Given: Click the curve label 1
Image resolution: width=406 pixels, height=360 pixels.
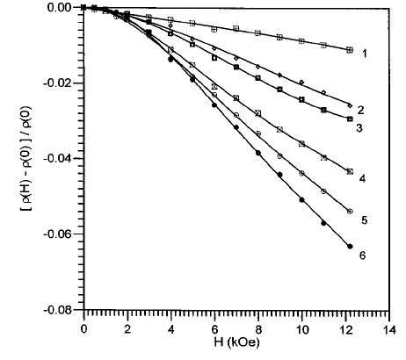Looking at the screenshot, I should tap(364, 54).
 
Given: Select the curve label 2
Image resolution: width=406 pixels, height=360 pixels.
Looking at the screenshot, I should tap(361, 111).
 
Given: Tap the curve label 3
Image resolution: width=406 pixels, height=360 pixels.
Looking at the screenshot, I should tap(361, 128).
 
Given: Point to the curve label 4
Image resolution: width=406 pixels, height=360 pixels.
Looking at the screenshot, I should tap(362, 178).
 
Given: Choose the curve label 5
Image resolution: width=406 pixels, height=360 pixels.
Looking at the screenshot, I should tap(362, 220).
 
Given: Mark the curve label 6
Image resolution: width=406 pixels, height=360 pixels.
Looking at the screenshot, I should tap(361, 256).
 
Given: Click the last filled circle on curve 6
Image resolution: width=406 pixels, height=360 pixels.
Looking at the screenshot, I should tap(350, 247).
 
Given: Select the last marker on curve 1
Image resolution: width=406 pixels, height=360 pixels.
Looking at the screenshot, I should tap(350, 50).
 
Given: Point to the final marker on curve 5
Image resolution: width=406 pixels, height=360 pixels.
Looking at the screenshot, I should tap(350, 212).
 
